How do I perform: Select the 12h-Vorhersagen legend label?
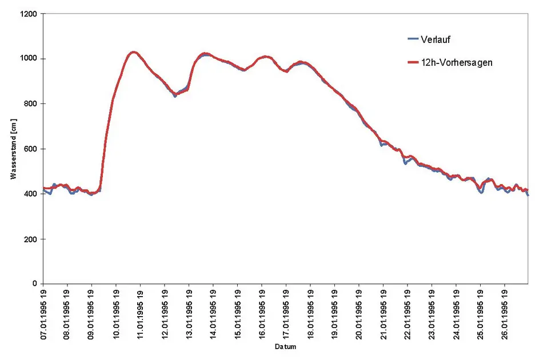(x=456, y=63)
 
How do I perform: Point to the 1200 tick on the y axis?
(x=28, y=14)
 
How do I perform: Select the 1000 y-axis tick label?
(x=28, y=59)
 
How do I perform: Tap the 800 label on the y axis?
(x=30, y=104)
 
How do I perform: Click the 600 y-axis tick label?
(x=30, y=149)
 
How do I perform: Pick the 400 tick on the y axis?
(x=30, y=194)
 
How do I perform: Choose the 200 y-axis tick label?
(x=30, y=239)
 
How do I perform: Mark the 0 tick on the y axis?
(x=34, y=284)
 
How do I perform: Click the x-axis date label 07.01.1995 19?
(x=43, y=314)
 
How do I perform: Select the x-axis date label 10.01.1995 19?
(x=116, y=314)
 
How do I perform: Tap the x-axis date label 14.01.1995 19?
(x=213, y=314)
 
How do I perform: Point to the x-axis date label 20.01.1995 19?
(x=359, y=314)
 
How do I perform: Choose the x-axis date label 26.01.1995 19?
(x=505, y=314)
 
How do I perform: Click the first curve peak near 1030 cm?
(x=133, y=53)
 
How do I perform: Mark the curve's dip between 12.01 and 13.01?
(x=176, y=95)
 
